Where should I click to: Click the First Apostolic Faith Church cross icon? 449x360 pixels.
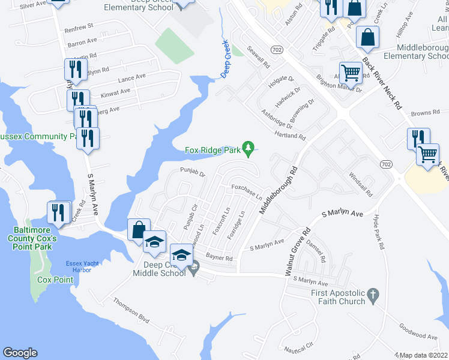pos(373,295)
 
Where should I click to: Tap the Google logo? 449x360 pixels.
pos(20,353)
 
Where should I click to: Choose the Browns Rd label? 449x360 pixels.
pos(426,112)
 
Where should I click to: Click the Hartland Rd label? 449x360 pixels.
pos(291,136)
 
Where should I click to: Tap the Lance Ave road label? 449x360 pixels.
pos(132,77)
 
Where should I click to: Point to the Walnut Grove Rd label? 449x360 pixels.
pos(297,250)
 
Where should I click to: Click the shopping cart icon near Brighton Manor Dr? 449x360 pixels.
pos(351,74)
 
